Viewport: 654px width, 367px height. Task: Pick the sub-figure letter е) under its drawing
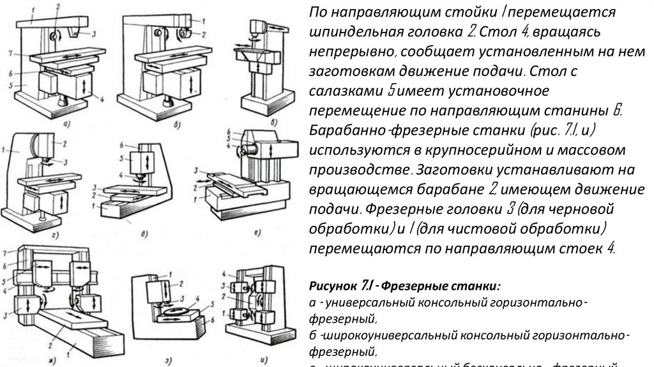tap(255, 232)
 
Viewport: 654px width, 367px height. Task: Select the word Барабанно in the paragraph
tap(348, 131)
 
